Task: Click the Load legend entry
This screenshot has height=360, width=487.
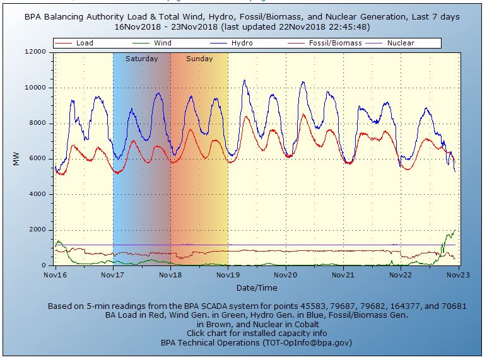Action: pos(85,44)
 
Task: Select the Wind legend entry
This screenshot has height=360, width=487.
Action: pos(162,44)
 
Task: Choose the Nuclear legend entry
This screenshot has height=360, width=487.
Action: pos(401,44)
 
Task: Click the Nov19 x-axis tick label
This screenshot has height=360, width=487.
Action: pos(227,276)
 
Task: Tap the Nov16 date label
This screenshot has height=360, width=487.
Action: pos(56,276)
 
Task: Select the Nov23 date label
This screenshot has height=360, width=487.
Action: pos(457,276)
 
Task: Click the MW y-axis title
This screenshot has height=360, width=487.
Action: pos(17,159)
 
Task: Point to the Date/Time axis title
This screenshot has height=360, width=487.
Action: pos(256,287)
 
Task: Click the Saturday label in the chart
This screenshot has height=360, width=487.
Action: pos(141,59)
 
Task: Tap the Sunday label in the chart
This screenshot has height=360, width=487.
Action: pos(199,59)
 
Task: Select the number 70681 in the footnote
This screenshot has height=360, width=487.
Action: pos(453,306)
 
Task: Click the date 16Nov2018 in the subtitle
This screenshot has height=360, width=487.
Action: pos(136,27)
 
